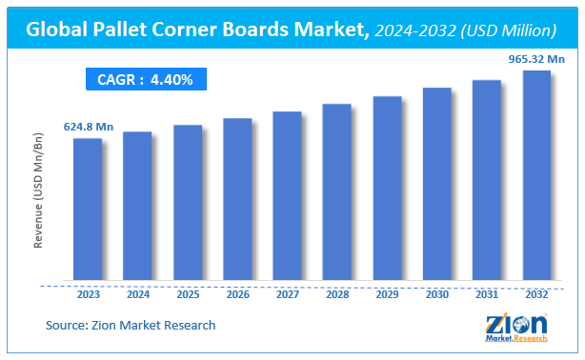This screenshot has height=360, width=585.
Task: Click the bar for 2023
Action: (88, 210)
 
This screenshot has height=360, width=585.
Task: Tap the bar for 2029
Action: (386, 190)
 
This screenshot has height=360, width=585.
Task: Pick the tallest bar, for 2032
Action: (536, 177)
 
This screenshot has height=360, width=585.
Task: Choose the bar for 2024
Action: (137, 207)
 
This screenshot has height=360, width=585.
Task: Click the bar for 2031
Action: (486, 181)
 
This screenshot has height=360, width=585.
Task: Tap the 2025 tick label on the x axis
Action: (188, 296)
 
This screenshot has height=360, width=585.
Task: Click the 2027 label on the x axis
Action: (287, 296)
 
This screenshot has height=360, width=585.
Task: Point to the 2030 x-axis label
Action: (436, 296)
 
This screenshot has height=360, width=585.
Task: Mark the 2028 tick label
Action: (336, 296)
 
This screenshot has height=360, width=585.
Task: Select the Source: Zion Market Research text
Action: (131, 326)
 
